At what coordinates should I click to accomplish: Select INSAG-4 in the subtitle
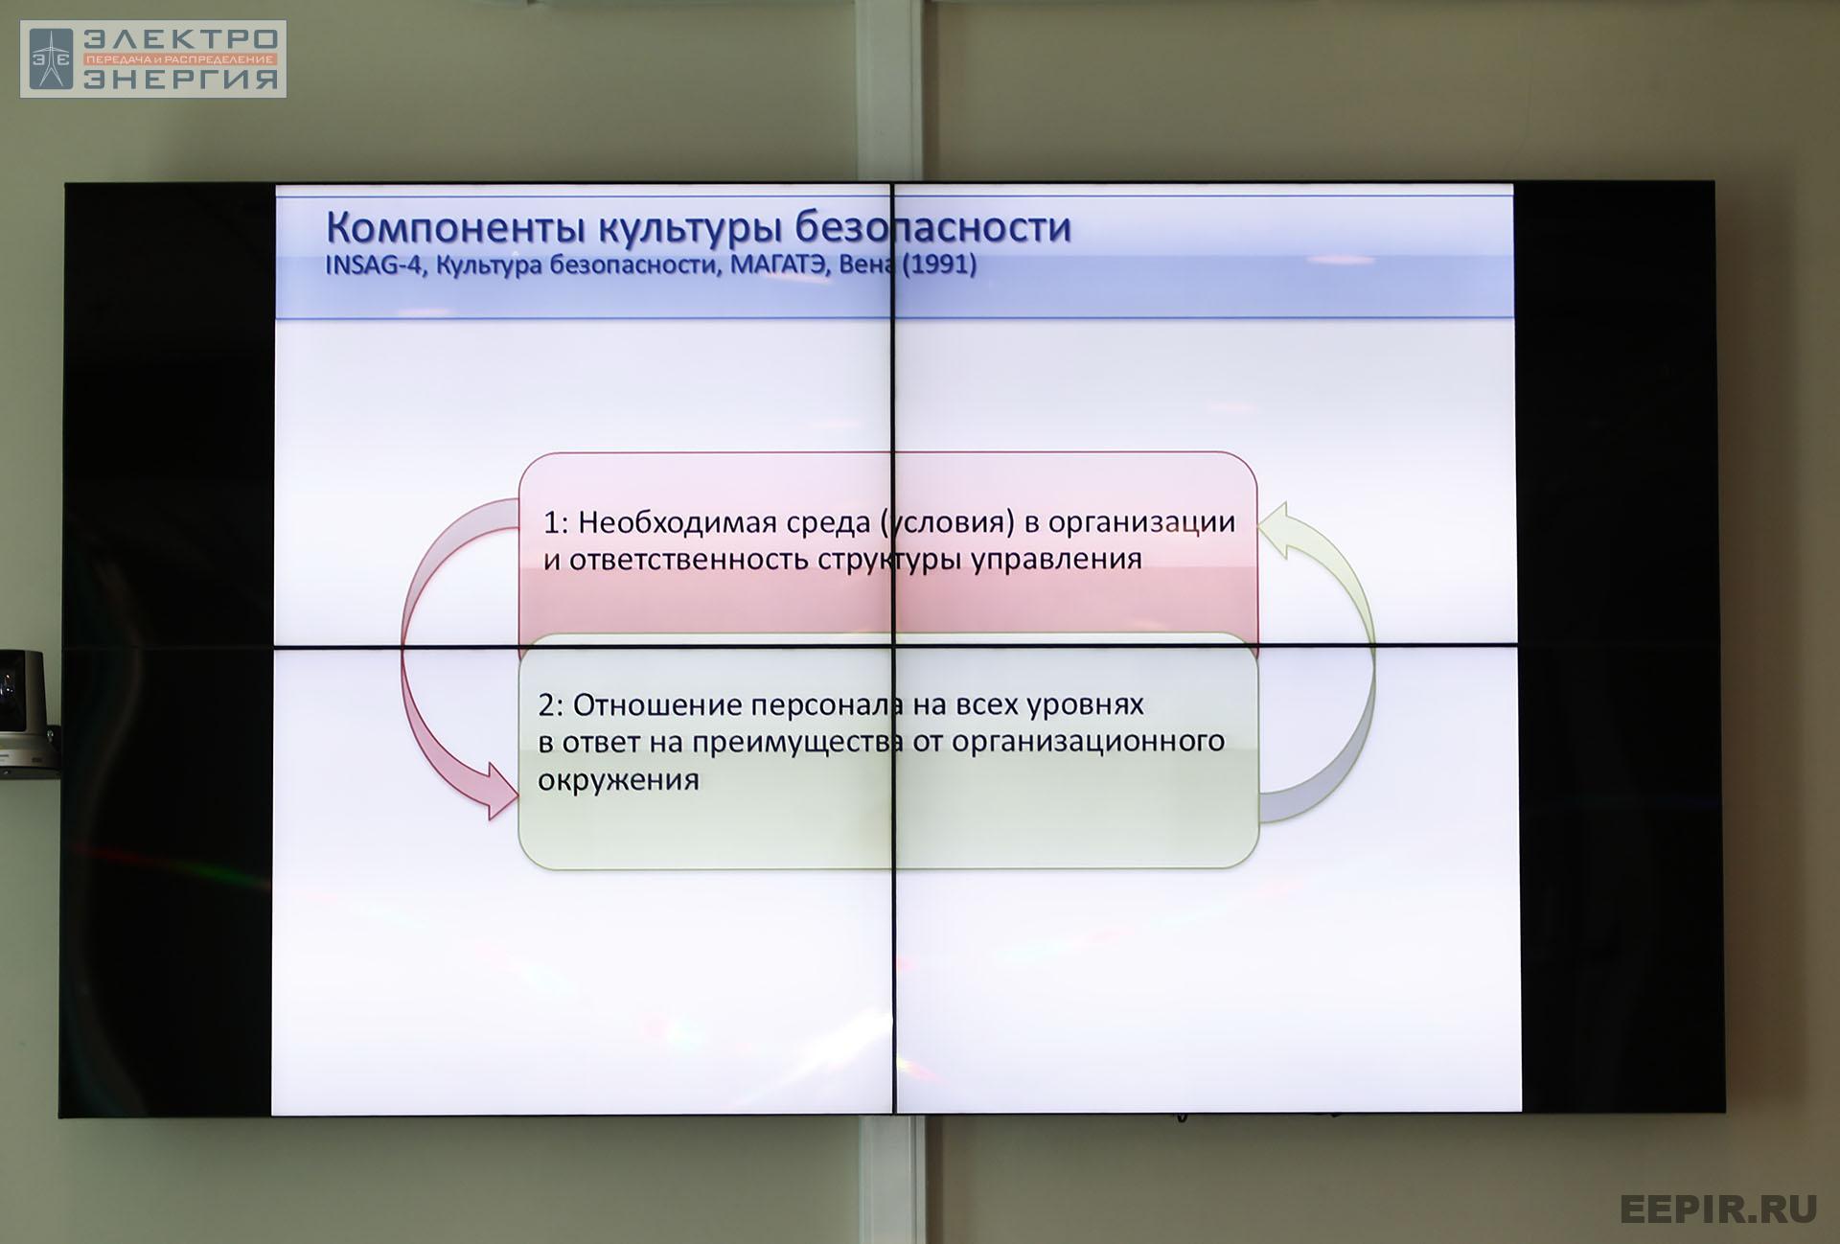click(374, 265)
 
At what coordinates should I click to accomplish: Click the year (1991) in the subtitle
click(938, 265)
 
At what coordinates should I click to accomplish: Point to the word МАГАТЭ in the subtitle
click(778, 265)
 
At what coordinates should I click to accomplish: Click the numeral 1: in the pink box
click(556, 522)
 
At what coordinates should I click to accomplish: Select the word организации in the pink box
click(1141, 523)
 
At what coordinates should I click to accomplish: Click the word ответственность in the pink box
click(689, 560)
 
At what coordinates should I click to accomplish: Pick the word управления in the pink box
click(1056, 560)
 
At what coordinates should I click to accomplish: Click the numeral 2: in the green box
click(551, 705)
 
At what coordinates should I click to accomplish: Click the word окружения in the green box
click(618, 780)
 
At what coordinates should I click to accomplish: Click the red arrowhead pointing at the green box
click(501, 791)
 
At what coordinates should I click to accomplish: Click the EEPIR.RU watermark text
click(1718, 1209)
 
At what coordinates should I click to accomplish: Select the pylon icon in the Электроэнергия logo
click(51, 58)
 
